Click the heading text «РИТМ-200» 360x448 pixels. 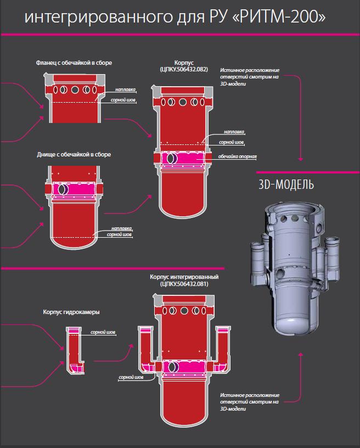pyautogui.click(x=282, y=17)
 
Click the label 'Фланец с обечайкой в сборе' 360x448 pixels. pyautogui.click(x=74, y=63)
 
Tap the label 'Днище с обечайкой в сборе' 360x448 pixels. pyautogui.click(x=74, y=155)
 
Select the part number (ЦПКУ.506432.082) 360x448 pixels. pyautogui.click(x=184, y=69)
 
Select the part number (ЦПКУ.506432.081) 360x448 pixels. pyautogui.click(x=184, y=284)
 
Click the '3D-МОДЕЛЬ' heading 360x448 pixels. pyautogui.click(x=286, y=184)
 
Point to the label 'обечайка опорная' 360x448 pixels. pyautogui.click(x=238, y=156)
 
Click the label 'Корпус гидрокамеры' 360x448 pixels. pyautogui.click(x=71, y=312)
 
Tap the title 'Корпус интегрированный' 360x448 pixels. pyautogui.click(x=184, y=277)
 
